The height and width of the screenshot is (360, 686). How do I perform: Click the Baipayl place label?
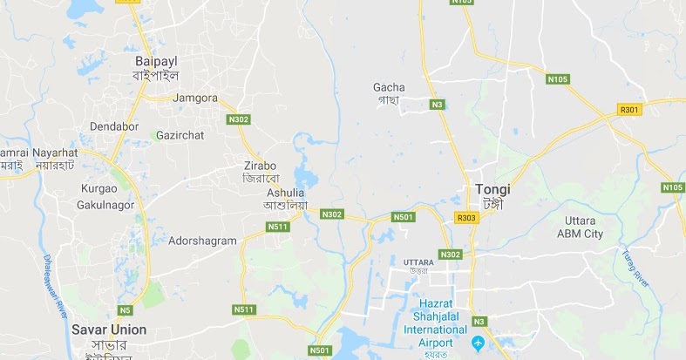click(x=155, y=62)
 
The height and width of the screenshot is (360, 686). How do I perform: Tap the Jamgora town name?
click(x=195, y=98)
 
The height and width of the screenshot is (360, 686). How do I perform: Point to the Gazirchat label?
click(x=179, y=135)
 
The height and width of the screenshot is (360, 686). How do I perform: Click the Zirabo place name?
click(x=261, y=165)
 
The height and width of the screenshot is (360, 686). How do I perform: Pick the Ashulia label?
click(x=285, y=193)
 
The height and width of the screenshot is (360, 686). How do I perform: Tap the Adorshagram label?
click(x=202, y=240)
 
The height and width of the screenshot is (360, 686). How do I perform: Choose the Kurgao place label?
click(x=98, y=188)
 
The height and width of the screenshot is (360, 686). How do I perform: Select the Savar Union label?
click(x=109, y=329)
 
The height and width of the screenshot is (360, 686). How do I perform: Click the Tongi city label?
click(x=493, y=189)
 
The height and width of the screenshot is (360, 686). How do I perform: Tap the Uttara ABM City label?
click(x=580, y=228)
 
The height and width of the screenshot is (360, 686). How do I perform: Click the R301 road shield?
click(x=605, y=110)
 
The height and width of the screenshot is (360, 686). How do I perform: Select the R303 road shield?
click(x=466, y=217)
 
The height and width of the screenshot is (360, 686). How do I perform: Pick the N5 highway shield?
click(x=126, y=309)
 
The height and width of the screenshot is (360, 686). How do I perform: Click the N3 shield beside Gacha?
click(x=438, y=105)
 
